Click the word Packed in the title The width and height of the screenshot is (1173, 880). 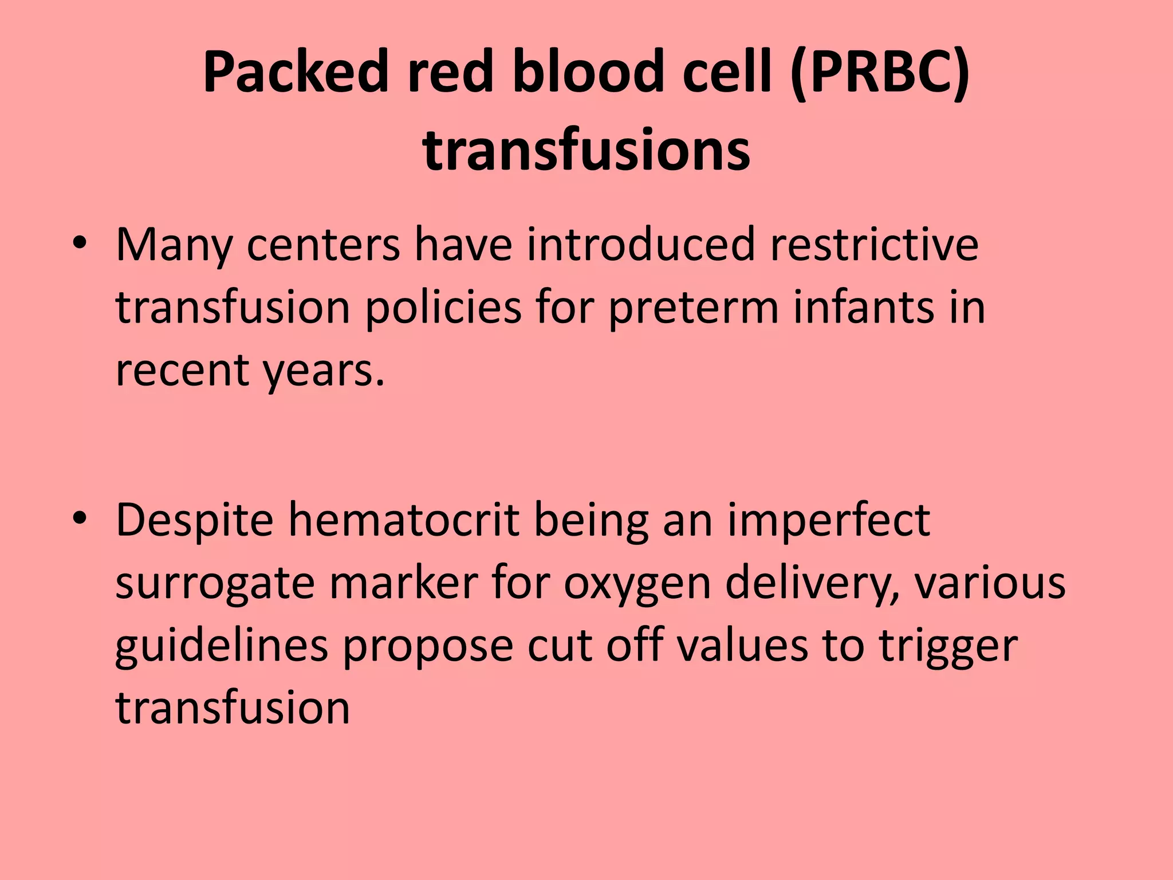click(x=296, y=72)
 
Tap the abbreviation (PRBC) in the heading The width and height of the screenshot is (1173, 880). click(x=879, y=72)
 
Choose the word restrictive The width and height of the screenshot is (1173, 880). click(x=874, y=245)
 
